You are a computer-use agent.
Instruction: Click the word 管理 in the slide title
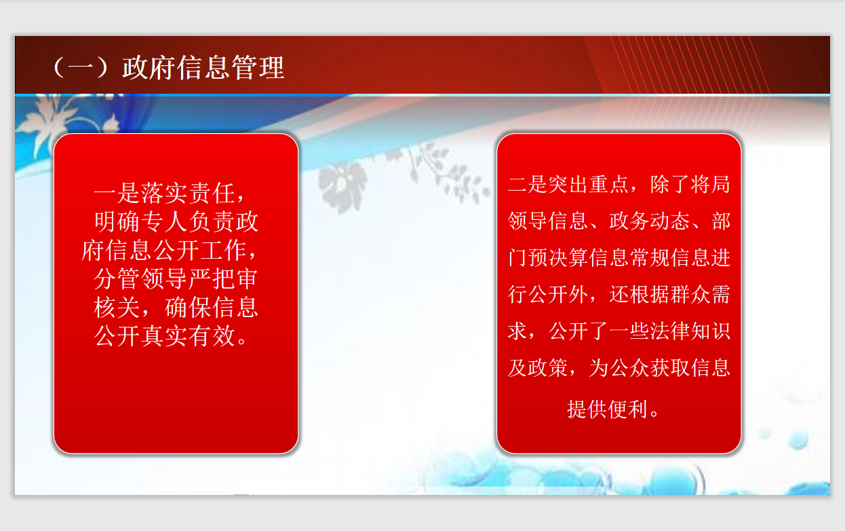(x=258, y=68)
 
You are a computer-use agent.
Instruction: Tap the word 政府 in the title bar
(x=149, y=68)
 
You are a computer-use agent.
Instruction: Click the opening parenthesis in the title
(x=59, y=68)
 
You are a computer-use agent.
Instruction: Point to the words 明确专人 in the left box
(x=140, y=221)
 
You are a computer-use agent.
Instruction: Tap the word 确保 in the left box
(x=188, y=308)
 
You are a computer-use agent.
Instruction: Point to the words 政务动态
(x=649, y=221)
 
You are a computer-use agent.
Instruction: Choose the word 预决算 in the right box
(x=557, y=257)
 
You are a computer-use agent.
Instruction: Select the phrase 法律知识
(x=690, y=331)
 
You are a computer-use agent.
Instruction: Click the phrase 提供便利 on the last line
(x=608, y=409)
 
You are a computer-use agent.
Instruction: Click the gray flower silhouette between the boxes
(x=342, y=187)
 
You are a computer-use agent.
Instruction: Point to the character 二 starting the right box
(x=517, y=185)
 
